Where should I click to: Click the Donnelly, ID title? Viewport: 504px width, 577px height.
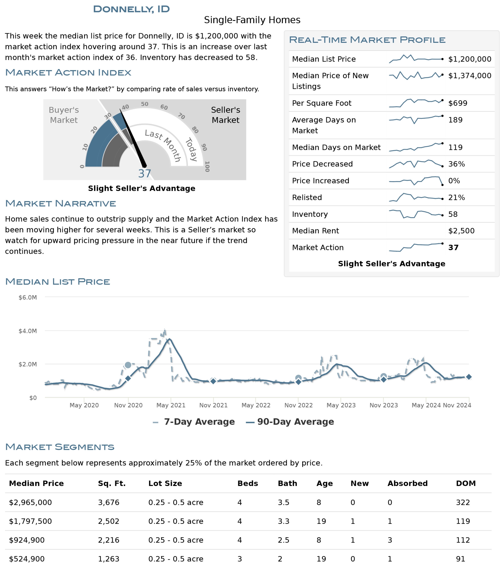tap(131, 9)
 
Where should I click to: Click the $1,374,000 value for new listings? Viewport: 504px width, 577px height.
tap(469, 76)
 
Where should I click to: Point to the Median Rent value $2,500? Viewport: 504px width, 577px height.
tap(461, 231)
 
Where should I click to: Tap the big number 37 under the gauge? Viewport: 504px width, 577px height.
tap(144, 174)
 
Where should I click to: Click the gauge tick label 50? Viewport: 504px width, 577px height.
tap(144, 104)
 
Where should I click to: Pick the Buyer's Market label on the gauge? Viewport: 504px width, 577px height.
tap(64, 115)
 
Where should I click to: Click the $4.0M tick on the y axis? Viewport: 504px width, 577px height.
tap(28, 331)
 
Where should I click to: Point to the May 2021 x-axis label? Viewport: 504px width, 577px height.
tap(171, 405)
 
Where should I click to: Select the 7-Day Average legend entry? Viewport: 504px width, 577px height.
tap(194, 422)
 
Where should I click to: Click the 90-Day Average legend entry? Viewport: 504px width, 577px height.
tap(290, 422)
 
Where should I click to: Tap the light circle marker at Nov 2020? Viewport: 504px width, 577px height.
tap(128, 365)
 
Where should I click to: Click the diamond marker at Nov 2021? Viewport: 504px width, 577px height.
tap(213, 381)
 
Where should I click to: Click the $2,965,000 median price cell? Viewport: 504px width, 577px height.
tap(30, 502)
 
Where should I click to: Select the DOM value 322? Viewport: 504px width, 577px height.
tap(463, 502)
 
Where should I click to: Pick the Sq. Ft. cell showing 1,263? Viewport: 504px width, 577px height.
tap(109, 559)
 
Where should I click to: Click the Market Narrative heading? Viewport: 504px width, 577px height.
tap(60, 203)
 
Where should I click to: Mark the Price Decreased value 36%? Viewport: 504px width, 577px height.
tap(456, 164)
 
